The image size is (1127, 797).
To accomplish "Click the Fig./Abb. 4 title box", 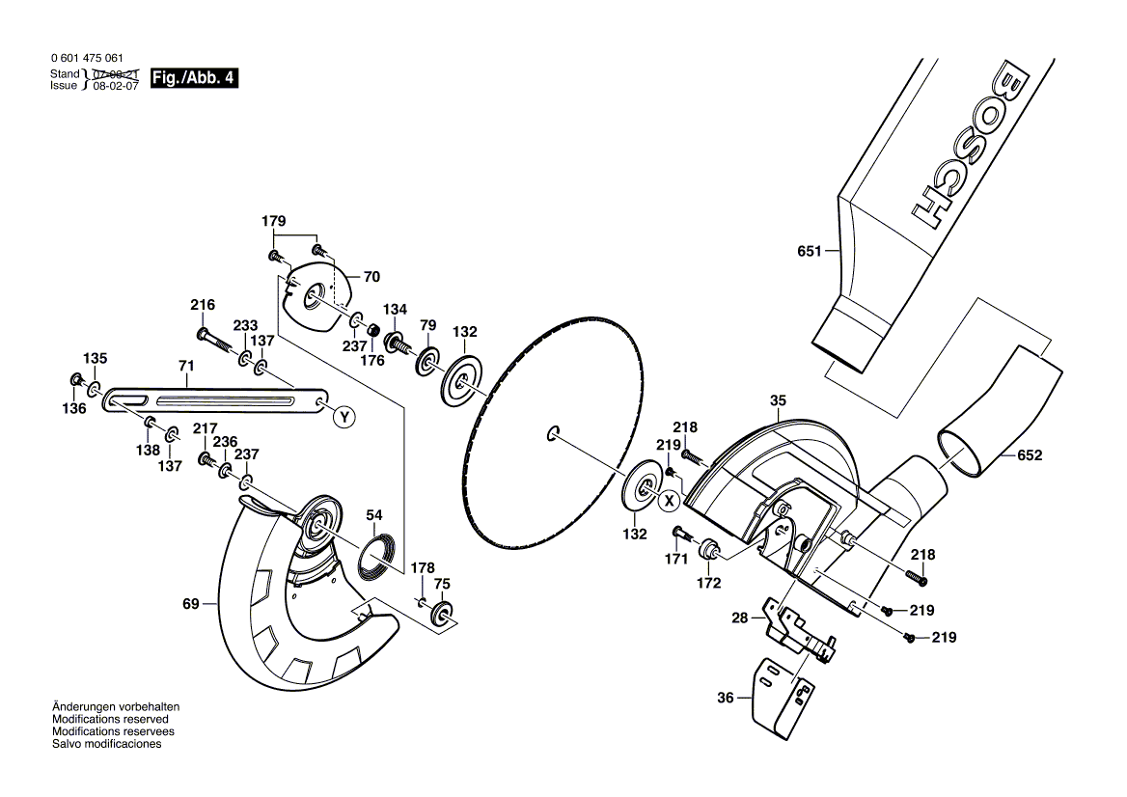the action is pos(194,77).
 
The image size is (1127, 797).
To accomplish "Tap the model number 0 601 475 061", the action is pos(87,58).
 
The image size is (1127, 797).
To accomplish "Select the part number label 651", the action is pos(810,251).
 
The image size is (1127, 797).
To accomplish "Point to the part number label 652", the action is pos(1030,454).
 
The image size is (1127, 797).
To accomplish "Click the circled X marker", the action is pos(670,500).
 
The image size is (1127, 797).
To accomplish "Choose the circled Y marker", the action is pos(345,417).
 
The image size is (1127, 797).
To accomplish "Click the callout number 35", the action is pos(778,400).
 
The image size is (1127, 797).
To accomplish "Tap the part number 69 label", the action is pos(190,604).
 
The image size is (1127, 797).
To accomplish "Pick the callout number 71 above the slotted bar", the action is pos(186,366).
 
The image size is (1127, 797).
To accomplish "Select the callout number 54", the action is pos(373,514).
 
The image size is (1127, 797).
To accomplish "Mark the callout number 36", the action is pos(726,697).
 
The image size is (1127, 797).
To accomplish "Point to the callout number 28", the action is pos(739,618).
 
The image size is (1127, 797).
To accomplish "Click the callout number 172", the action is pos(708,583).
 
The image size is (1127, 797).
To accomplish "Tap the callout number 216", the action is pos(203,305).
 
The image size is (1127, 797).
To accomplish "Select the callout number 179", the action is pos(273,221).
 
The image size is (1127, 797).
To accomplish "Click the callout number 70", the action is pos(371,277).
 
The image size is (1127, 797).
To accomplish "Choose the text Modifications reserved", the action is pos(110,720).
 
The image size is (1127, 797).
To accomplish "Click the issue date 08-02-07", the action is pos(116,86).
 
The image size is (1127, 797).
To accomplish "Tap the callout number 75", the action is pos(442,584).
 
